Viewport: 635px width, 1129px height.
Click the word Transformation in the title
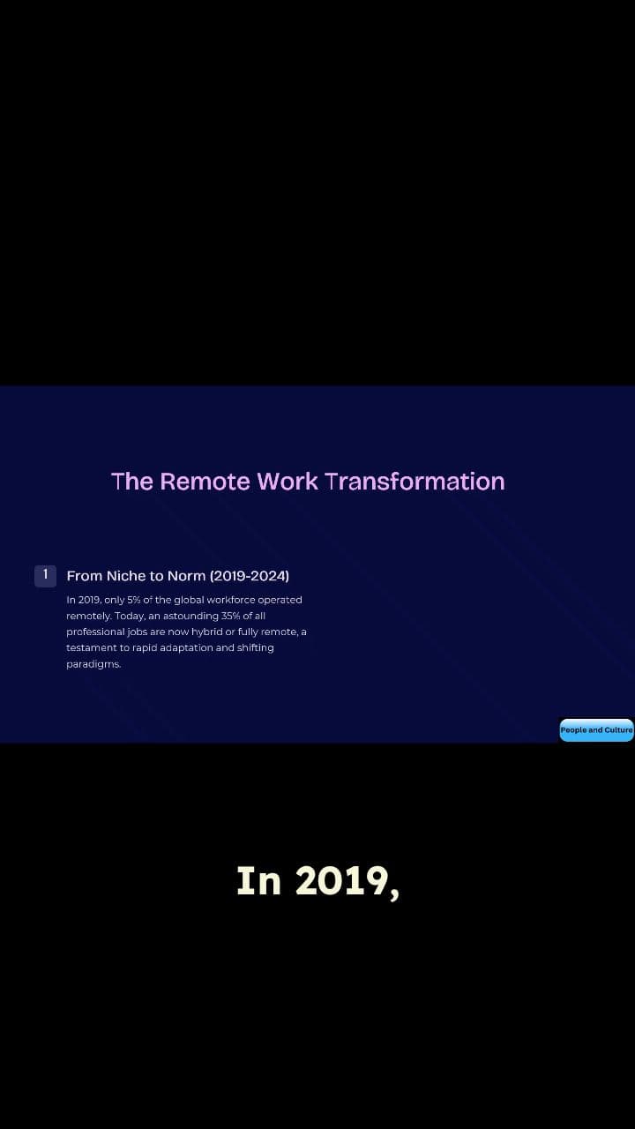click(415, 482)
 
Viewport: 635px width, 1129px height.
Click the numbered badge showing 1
click(45, 575)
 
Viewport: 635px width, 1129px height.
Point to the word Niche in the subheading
click(125, 576)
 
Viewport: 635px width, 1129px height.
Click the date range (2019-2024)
click(250, 576)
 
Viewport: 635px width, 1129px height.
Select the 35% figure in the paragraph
click(230, 616)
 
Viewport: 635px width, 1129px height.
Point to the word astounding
click(183, 616)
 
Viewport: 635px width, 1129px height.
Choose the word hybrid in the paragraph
click(206, 632)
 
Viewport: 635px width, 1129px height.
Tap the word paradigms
click(93, 663)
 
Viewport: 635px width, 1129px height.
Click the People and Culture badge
click(596, 730)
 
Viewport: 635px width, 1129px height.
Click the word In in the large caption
click(259, 881)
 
